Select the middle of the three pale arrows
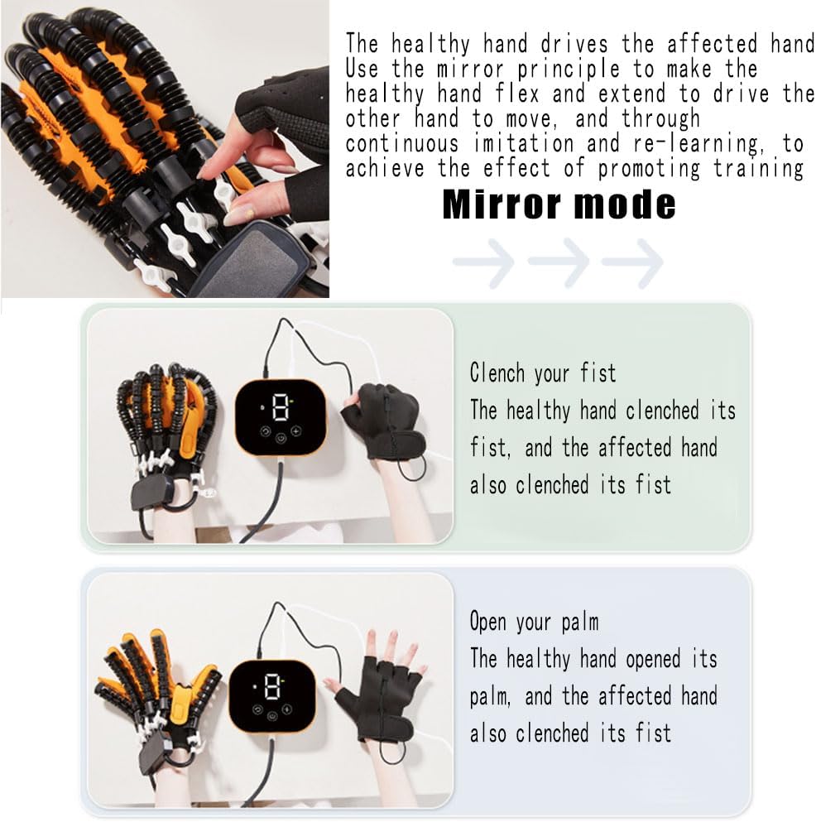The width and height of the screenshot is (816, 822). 558,263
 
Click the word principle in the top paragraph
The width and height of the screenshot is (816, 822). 535,68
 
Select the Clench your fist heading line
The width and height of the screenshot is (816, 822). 542,373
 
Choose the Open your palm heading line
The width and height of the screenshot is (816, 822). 534,621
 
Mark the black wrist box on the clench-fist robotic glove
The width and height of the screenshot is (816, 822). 151,494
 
